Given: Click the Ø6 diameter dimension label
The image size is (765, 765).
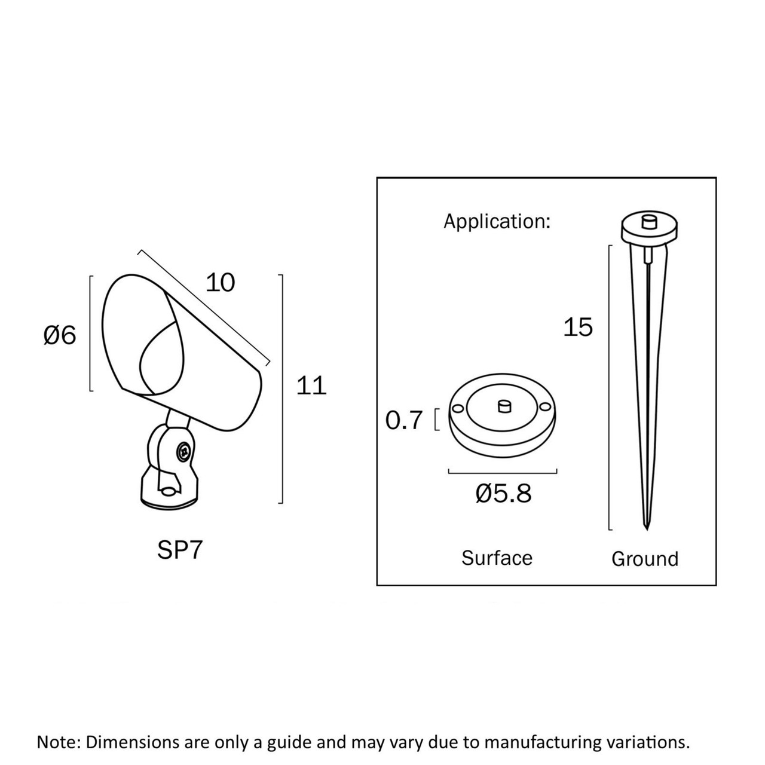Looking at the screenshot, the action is [60, 335].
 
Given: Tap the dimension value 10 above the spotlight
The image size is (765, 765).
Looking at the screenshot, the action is [221, 283].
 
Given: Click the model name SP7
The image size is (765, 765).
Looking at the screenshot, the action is [180, 550].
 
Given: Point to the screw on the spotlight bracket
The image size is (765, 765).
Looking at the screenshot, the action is [184, 451].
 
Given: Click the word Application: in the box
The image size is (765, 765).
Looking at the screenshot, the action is [497, 221].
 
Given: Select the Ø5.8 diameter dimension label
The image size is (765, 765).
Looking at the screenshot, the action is [503, 494].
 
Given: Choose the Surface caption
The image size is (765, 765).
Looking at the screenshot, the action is [497, 558].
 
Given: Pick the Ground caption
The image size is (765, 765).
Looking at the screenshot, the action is [645, 559].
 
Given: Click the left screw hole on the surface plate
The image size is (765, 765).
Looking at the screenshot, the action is [457, 408].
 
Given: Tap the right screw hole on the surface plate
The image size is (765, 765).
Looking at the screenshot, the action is [546, 406].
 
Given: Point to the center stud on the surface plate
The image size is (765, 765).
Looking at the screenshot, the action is [504, 406].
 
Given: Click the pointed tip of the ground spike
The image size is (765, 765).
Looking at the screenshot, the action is [647, 529].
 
